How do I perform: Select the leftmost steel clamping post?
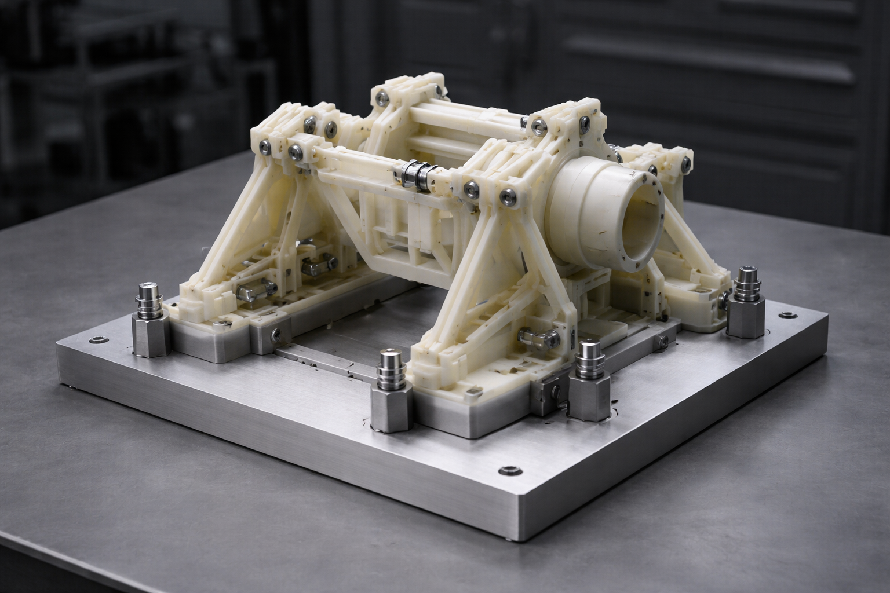pyautogui.click(x=149, y=318)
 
